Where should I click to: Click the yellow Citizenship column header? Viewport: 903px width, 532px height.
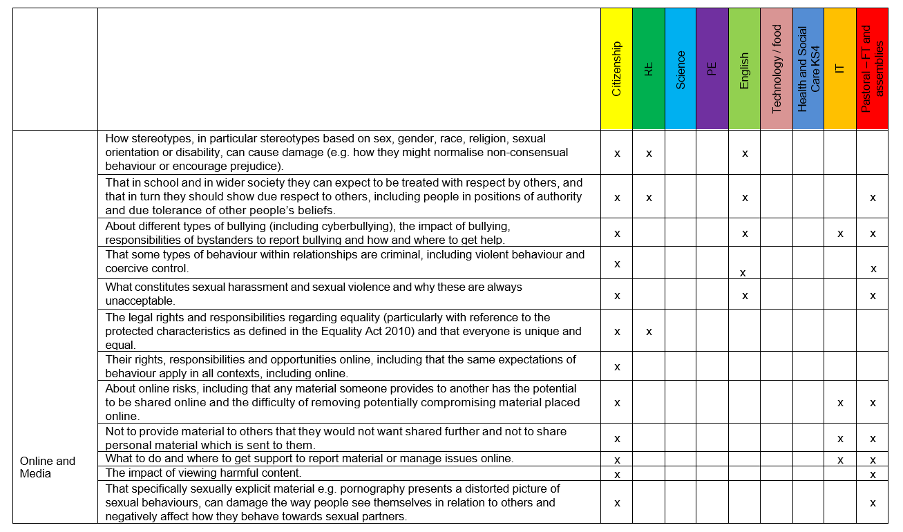pyautogui.click(x=616, y=69)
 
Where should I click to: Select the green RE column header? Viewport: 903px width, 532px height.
pyautogui.click(x=648, y=69)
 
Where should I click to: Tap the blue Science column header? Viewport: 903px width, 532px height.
pyautogui.click(x=681, y=69)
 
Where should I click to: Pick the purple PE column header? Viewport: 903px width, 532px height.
pyautogui.click(x=712, y=69)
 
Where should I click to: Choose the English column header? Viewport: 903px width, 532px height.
pyautogui.click(x=744, y=69)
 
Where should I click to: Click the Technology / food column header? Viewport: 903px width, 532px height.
pyautogui.click(x=777, y=69)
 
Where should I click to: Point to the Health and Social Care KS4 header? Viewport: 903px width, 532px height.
pyautogui.click(x=808, y=69)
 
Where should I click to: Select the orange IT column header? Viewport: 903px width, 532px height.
pyautogui.click(x=840, y=69)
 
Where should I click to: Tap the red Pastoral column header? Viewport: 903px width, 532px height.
pyautogui.click(x=872, y=69)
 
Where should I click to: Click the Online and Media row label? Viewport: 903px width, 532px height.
pyautogui.click(x=48, y=467)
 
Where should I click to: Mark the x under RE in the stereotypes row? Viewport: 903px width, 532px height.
pyautogui.click(x=649, y=153)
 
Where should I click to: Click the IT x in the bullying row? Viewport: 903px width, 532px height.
pyautogui.click(x=840, y=234)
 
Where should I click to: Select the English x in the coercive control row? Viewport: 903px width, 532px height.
pyautogui.click(x=743, y=273)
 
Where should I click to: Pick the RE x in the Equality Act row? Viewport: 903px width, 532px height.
pyautogui.click(x=649, y=332)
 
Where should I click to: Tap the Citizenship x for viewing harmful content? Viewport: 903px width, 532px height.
pyautogui.click(x=617, y=475)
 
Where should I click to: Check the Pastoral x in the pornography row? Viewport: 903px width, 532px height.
pyautogui.click(x=873, y=503)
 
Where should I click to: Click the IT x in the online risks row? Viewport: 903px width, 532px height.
pyautogui.click(x=840, y=403)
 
